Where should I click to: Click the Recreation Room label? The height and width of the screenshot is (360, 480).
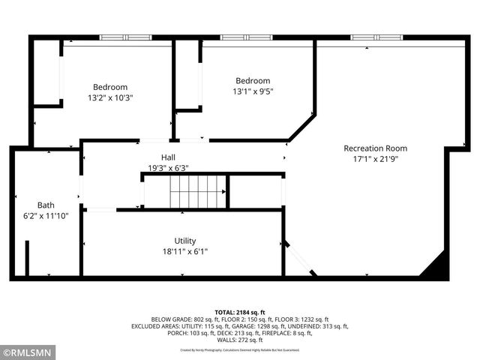pos(375,148)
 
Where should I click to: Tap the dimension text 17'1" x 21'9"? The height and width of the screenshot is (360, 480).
pos(375,159)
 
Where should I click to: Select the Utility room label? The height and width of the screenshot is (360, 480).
pos(185,241)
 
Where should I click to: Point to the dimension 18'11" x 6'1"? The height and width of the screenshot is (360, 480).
pos(185,252)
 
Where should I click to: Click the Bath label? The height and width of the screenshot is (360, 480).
pos(46,205)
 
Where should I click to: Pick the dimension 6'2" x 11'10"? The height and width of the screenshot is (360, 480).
pos(46,216)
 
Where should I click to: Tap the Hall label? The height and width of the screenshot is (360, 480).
pos(168,157)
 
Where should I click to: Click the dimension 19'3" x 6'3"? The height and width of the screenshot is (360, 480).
pos(168,168)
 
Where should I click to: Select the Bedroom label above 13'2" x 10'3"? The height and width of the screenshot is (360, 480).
pos(110,86)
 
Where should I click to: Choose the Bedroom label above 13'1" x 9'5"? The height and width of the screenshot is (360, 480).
pos(253,81)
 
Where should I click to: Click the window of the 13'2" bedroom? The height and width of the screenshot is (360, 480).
pos(126,37)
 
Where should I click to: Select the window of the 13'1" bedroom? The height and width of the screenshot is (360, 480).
pos(246,37)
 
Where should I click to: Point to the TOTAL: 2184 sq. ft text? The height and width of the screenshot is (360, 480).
pos(240,312)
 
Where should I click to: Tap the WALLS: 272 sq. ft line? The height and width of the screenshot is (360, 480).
pos(240,340)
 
